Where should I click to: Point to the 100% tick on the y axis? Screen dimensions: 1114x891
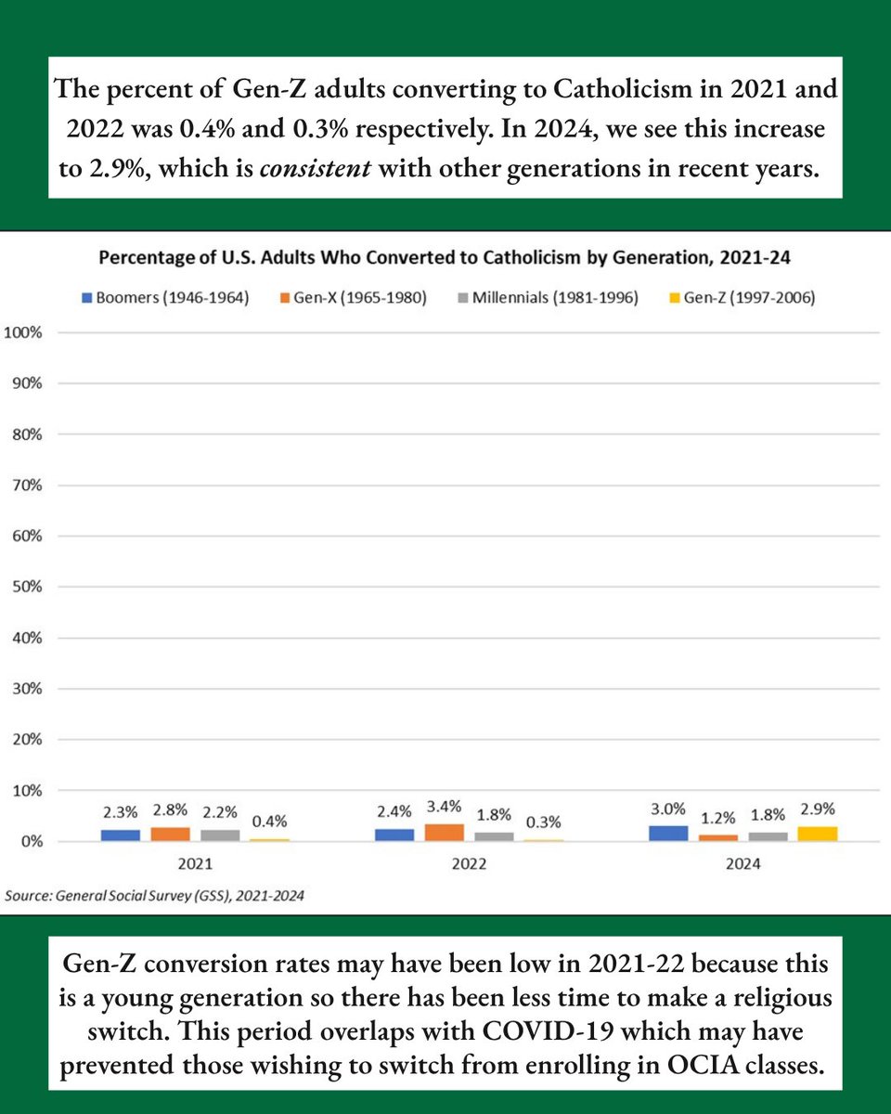[x=23, y=332]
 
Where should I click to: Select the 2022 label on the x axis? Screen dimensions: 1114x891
[x=470, y=863]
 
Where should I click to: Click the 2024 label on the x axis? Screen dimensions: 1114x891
[x=743, y=863]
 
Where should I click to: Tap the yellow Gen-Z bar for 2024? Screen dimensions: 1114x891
[x=818, y=834]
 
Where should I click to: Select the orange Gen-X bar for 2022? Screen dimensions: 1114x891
[x=445, y=832]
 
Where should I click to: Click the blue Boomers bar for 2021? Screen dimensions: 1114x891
[x=121, y=835]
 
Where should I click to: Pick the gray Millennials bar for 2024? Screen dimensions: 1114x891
[x=768, y=836]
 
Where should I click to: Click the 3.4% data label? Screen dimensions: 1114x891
[x=445, y=806]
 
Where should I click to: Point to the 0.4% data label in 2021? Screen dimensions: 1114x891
[x=270, y=821]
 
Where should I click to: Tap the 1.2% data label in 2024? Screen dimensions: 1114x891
[x=717, y=817]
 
